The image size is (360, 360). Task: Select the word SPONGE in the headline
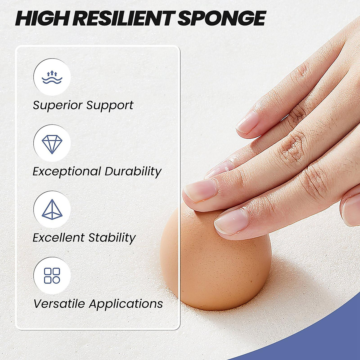(222, 18)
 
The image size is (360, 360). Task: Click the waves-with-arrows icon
(52, 77)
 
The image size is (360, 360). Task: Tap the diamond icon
(52, 144)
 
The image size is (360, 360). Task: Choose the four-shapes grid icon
(52, 276)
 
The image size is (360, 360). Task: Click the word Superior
(58, 105)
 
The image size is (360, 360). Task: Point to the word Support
(110, 105)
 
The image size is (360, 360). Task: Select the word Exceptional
(67, 172)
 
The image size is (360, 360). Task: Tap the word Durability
(133, 172)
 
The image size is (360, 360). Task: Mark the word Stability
(112, 238)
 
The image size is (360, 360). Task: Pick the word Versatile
(59, 304)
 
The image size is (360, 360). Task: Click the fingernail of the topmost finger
(247, 122)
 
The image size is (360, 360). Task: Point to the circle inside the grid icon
(56, 280)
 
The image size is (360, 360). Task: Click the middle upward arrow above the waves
(52, 73)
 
